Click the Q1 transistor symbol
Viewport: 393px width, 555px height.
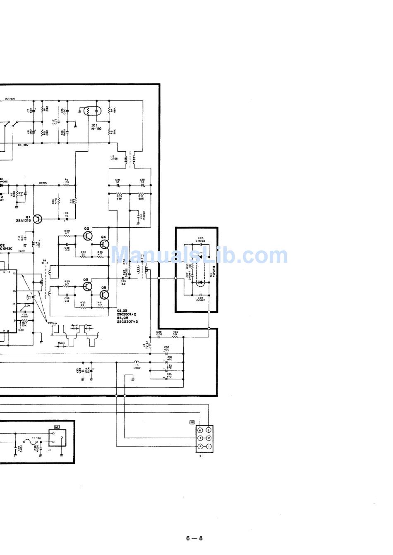point(38,219)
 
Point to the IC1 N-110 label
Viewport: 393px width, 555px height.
point(96,126)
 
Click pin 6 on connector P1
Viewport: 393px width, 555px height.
point(201,430)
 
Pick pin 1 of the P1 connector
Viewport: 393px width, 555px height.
point(208,446)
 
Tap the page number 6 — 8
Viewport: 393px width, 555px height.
point(194,538)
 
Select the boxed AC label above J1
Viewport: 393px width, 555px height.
point(57,426)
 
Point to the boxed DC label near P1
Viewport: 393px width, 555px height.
point(192,422)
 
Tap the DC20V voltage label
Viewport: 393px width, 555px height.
point(43,183)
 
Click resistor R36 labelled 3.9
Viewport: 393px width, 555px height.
point(175,337)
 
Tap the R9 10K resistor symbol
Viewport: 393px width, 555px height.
point(66,186)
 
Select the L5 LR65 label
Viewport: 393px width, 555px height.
point(115,159)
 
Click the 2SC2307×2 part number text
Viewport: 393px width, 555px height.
point(127,321)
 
